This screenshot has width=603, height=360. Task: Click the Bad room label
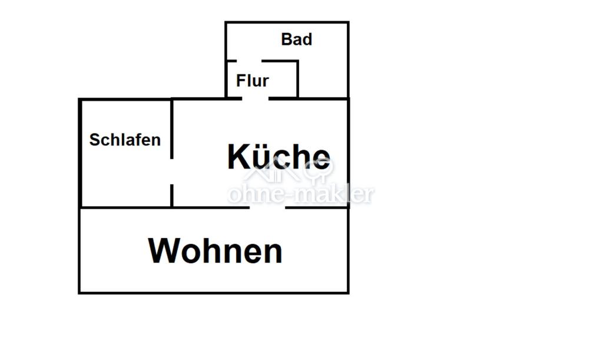[297, 39]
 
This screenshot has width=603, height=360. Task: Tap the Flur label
[252, 81]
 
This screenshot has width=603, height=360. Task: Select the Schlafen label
[125, 140]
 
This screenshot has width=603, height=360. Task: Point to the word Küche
[279, 157]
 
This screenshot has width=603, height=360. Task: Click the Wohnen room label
[216, 251]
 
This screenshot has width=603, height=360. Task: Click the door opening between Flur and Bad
[249, 61]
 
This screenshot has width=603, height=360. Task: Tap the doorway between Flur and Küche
[255, 99]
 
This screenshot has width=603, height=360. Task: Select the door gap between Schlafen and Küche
[171, 171]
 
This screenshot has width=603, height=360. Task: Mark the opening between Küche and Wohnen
[267, 207]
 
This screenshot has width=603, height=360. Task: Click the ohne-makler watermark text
[301, 194]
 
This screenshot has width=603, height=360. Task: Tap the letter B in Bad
[287, 39]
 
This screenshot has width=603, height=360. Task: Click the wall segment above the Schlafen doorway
[171, 129]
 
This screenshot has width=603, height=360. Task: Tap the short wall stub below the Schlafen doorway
[171, 196]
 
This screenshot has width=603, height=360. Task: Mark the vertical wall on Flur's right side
[297, 79]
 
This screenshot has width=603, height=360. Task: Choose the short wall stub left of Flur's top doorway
[231, 61]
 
